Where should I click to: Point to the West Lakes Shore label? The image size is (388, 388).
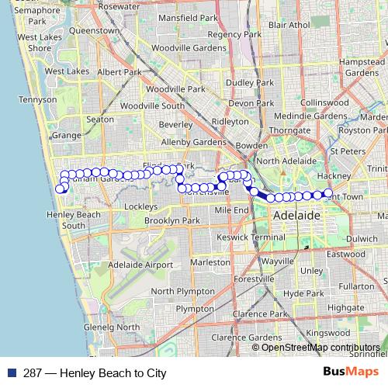tap(34, 42)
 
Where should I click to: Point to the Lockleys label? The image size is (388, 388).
tap(140, 206)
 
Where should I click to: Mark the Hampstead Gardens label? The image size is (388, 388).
tap(363, 66)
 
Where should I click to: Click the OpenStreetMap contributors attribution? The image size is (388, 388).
tap(320, 347)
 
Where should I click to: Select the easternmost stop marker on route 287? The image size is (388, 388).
tap(328, 193)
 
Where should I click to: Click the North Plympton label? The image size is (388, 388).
tap(183, 291)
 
